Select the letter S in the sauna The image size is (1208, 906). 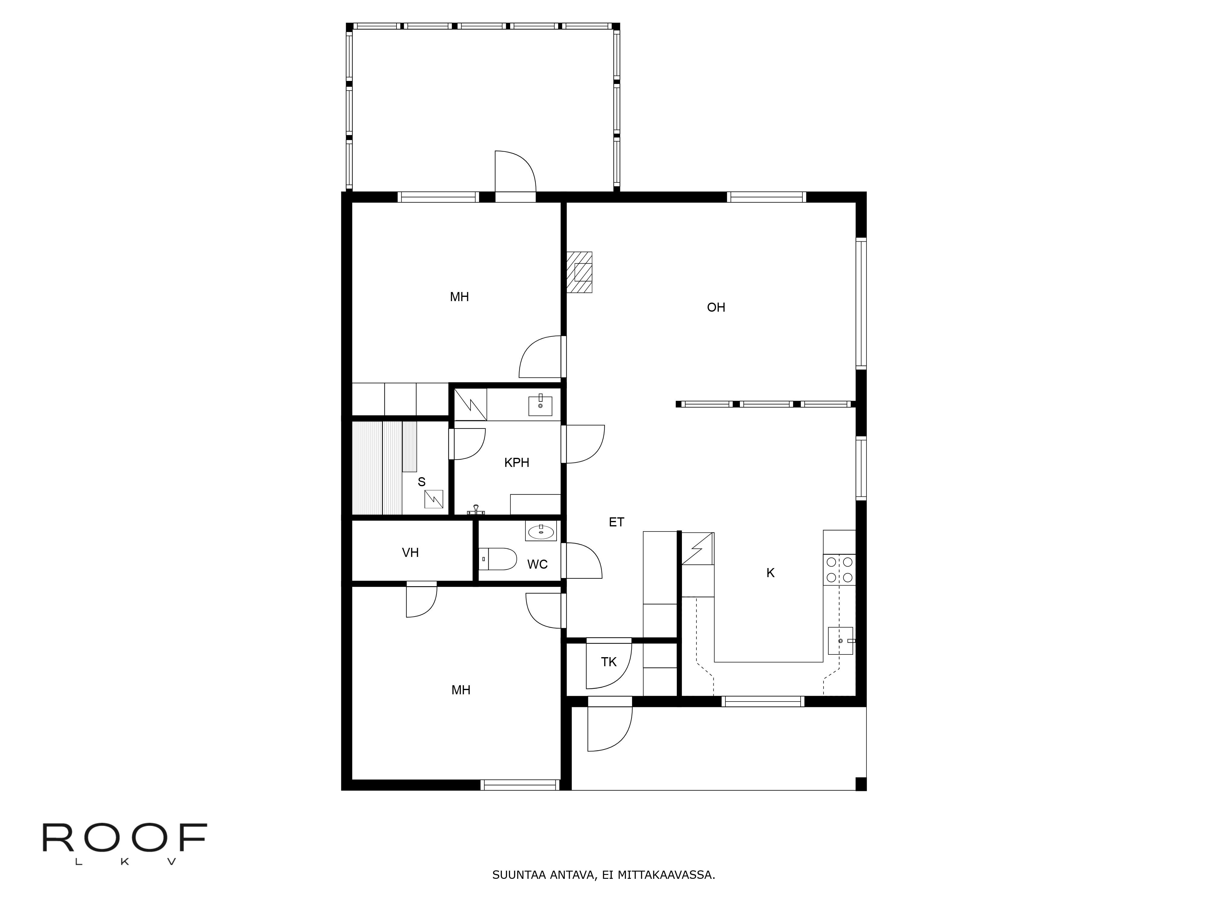point(421,482)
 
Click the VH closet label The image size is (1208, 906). point(410,553)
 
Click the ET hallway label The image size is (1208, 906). point(616,522)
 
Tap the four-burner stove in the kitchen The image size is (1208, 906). point(839,569)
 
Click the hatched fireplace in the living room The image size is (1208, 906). point(580,272)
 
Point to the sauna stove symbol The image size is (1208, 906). point(434,499)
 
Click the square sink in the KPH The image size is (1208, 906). point(540,406)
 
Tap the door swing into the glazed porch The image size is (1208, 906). point(514,171)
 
